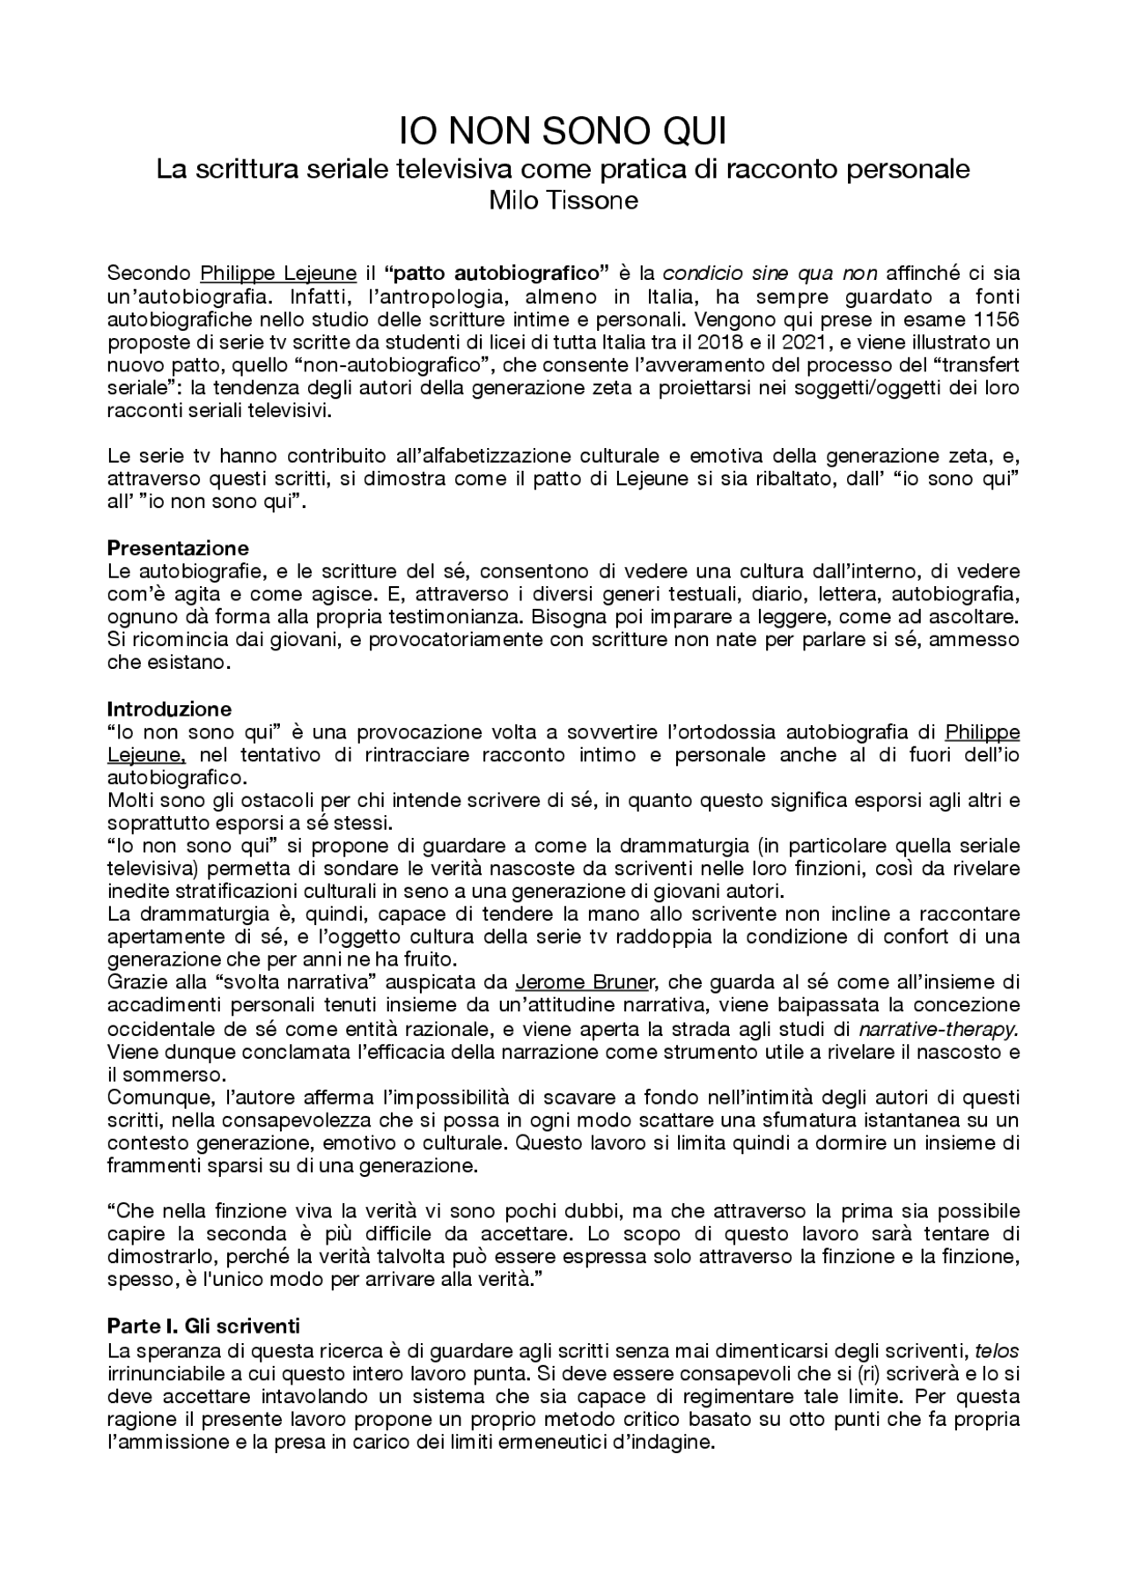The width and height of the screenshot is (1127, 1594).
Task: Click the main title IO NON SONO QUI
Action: click(563, 133)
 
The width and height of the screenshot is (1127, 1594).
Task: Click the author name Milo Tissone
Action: click(563, 200)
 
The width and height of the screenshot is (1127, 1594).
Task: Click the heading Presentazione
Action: click(178, 548)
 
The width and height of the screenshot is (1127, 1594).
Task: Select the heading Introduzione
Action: click(169, 709)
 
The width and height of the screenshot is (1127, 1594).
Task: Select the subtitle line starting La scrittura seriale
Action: click(563, 168)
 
